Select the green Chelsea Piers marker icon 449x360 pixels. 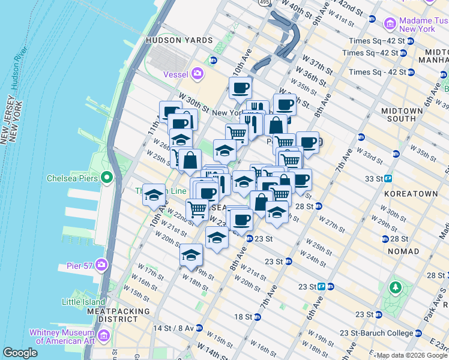107,178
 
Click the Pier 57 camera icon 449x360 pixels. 101,264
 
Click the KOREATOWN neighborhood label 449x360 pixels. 411,194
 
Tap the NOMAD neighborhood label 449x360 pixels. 403,251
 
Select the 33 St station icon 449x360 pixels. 388,178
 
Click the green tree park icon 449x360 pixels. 395,287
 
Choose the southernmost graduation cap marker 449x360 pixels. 191,256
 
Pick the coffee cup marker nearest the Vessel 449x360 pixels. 240,88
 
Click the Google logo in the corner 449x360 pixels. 20,353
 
